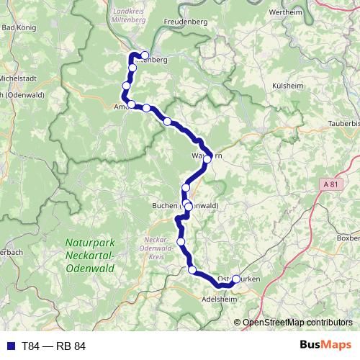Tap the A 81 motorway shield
[x=330, y=185]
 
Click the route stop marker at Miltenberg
[x=145, y=55]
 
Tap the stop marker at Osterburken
[x=235, y=278]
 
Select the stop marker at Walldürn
[x=207, y=158]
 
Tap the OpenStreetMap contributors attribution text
[x=297, y=323]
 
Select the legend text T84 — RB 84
[x=53, y=346]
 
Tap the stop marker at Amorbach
[x=132, y=105]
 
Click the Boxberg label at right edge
[x=348, y=238]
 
